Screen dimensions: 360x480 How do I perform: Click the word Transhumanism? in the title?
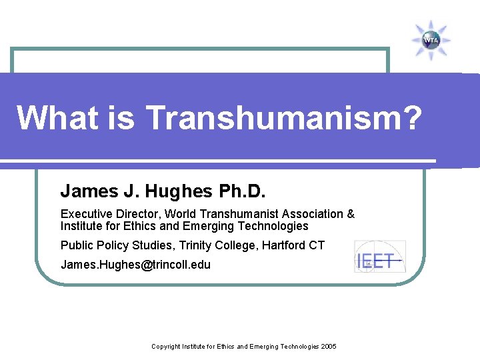[x=284, y=118]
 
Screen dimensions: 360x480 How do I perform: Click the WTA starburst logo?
[x=431, y=40]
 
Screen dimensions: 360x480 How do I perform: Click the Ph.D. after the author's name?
[x=242, y=192]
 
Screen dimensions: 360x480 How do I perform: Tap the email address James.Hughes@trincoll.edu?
[x=135, y=265]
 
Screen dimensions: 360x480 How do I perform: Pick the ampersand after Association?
[x=351, y=214]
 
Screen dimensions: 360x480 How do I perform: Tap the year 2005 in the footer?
[x=328, y=347]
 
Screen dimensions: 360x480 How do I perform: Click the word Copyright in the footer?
[x=167, y=347]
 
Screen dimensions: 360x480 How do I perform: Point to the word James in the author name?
[x=86, y=192]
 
